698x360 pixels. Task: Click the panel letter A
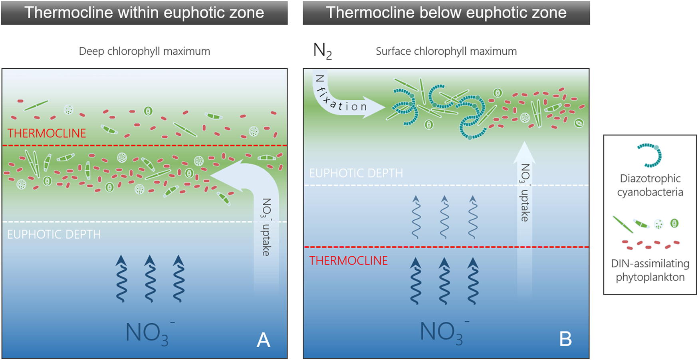pyautogui.click(x=264, y=340)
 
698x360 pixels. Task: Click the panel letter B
pyautogui.click(x=565, y=339)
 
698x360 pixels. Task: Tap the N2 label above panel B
pyautogui.click(x=322, y=51)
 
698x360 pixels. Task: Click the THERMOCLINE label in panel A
pyautogui.click(x=47, y=133)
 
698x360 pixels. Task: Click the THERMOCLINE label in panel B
pyautogui.click(x=348, y=261)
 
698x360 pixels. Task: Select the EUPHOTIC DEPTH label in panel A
pyautogui.click(x=54, y=234)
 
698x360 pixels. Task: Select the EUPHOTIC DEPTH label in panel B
pyautogui.click(x=356, y=173)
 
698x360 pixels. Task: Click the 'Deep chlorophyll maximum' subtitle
pyautogui.click(x=144, y=51)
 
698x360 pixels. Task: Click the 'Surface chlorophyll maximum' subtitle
pyautogui.click(x=446, y=51)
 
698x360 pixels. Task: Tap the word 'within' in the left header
pyautogui.click(x=138, y=13)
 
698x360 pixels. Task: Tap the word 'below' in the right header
pyautogui.click(x=440, y=13)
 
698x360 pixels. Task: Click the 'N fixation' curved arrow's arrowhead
pyautogui.click(x=375, y=107)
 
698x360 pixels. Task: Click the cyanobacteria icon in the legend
pyautogui.click(x=650, y=155)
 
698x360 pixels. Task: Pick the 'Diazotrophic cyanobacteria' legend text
pyautogui.click(x=650, y=185)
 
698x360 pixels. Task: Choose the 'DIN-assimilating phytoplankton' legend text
pyautogui.click(x=650, y=270)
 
